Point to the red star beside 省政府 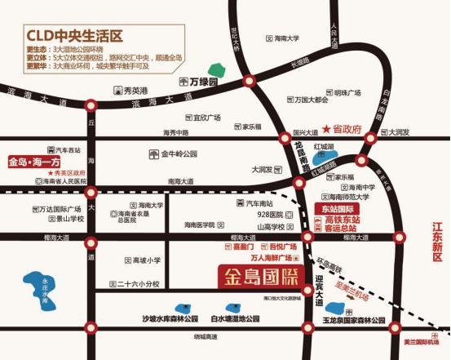pyautogui.click(x=326, y=130)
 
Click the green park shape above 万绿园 pyautogui.click(x=216, y=70)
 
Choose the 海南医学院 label pyautogui.click(x=199, y=224)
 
